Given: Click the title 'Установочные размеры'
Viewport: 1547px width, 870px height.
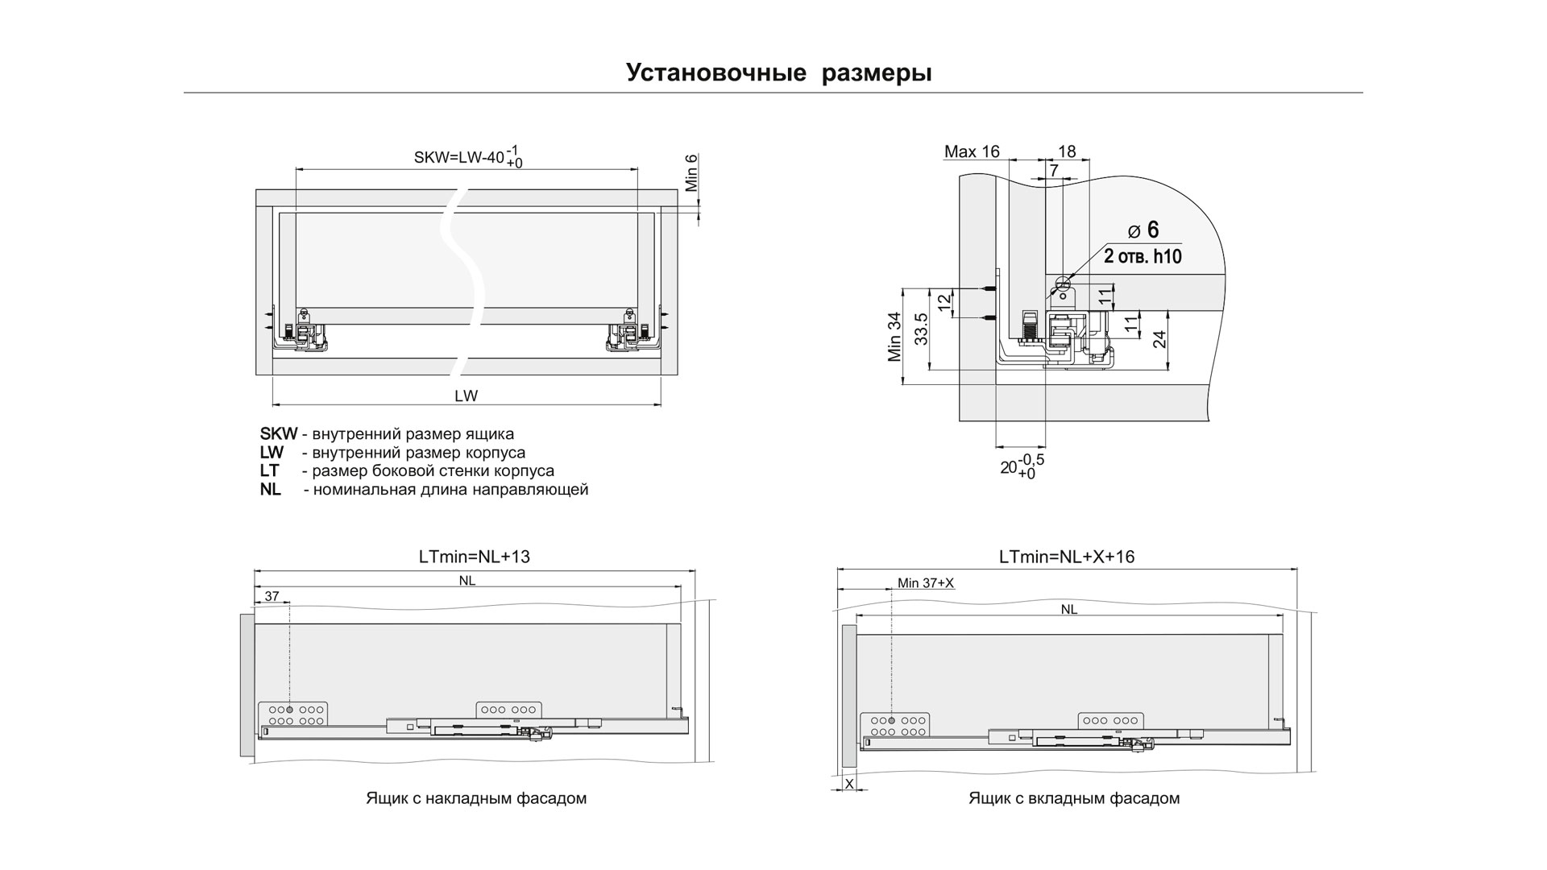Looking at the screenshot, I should (778, 72).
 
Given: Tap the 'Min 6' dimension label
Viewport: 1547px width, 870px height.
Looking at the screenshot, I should (691, 173).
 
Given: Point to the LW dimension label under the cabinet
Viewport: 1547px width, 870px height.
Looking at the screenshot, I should (466, 396).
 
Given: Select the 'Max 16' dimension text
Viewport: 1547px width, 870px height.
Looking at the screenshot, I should (971, 151).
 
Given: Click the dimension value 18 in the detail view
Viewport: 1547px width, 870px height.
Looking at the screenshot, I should (1067, 151).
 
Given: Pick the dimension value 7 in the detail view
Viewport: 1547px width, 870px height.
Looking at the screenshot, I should (1054, 171).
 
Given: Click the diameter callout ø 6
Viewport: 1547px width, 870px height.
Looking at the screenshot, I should (1143, 230).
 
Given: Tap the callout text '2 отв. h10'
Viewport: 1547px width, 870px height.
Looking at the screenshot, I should (1143, 257).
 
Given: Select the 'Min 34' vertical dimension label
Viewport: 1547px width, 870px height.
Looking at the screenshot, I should (894, 338).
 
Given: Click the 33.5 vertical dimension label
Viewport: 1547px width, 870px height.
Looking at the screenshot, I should (922, 329).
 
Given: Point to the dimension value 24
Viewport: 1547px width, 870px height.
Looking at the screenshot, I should (1159, 338).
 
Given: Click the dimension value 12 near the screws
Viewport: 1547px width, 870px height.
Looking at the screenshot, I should (944, 303).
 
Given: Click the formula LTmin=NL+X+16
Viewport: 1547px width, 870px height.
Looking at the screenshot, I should (1066, 557).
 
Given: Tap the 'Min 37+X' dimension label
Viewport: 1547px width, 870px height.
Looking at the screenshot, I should (925, 583).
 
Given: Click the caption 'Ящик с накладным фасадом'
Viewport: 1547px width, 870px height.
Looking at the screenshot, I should (476, 798).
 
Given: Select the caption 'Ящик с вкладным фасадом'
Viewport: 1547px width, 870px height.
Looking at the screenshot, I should (1074, 798).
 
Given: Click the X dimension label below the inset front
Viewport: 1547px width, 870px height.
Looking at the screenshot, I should (848, 783).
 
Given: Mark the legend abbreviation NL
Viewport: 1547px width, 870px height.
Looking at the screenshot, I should (271, 489).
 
